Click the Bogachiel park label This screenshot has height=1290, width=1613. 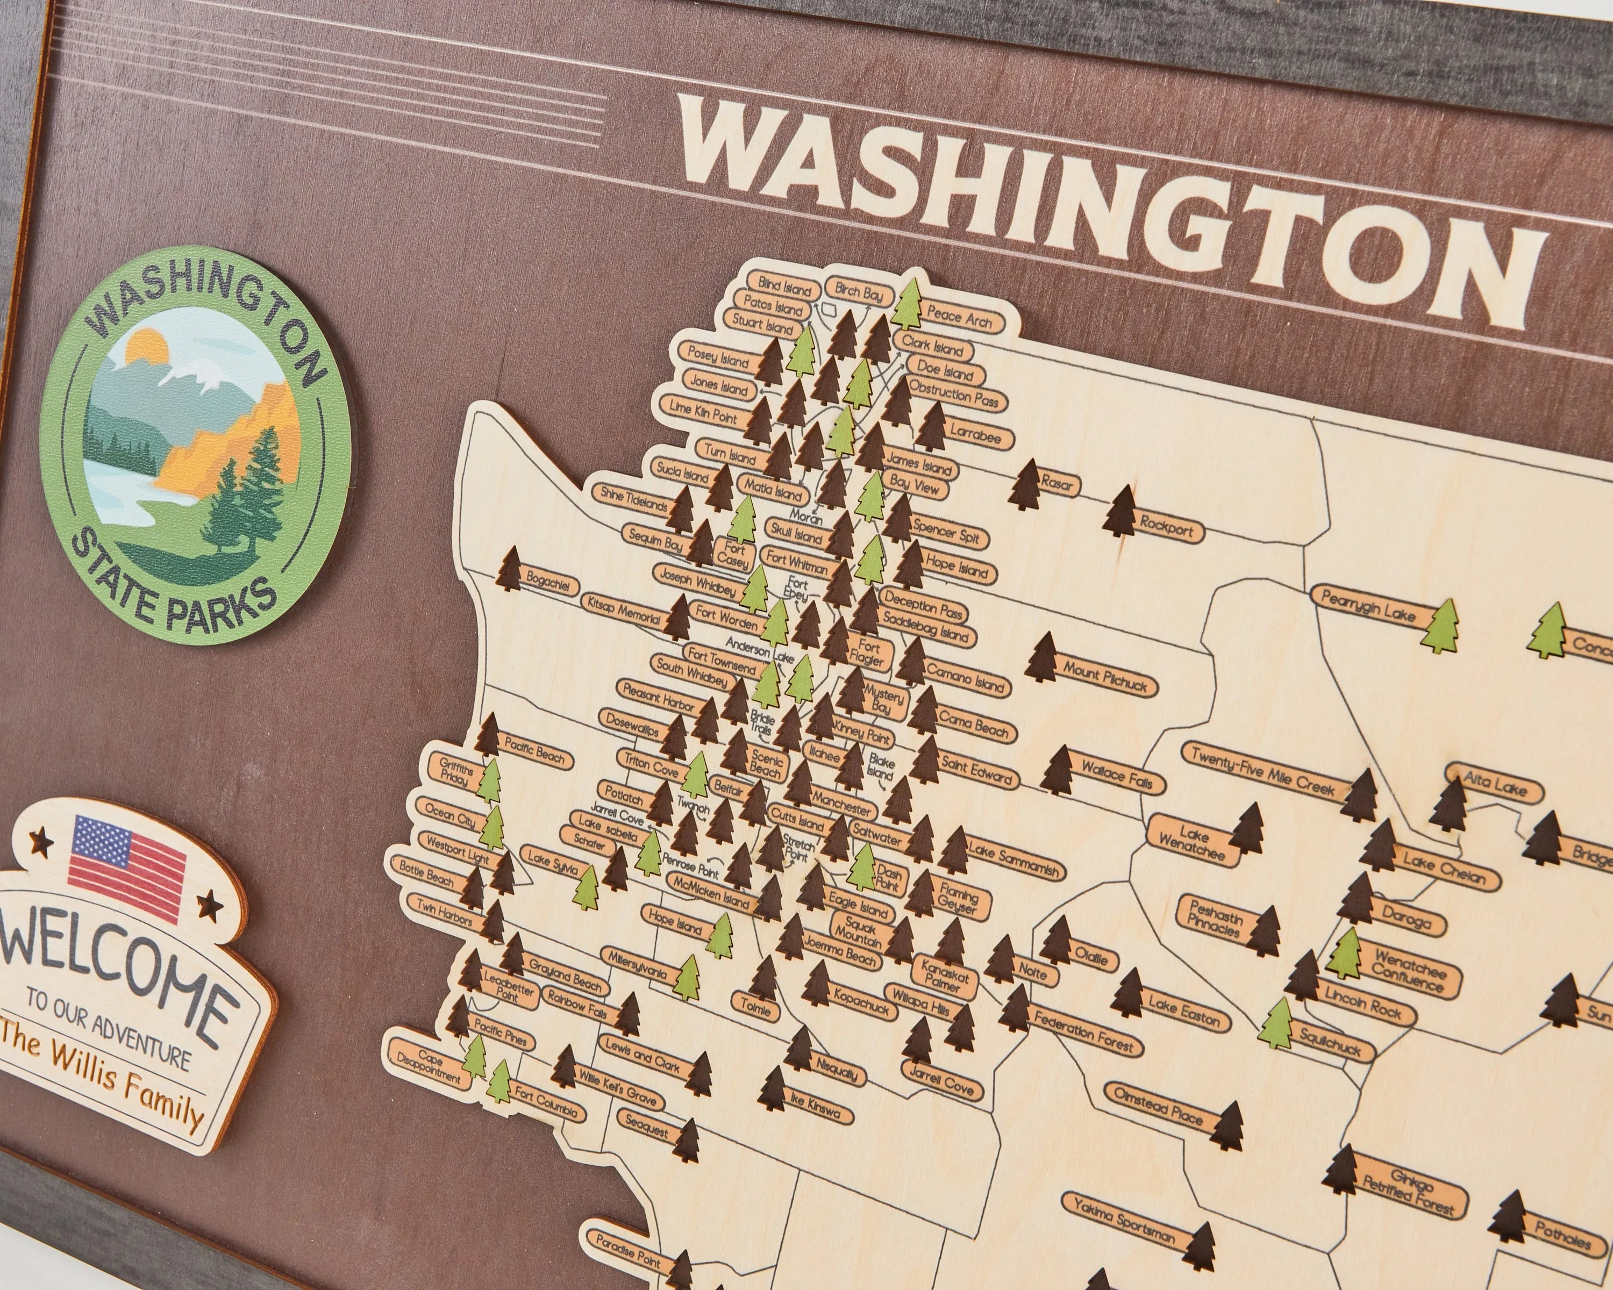pyautogui.click(x=550, y=581)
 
